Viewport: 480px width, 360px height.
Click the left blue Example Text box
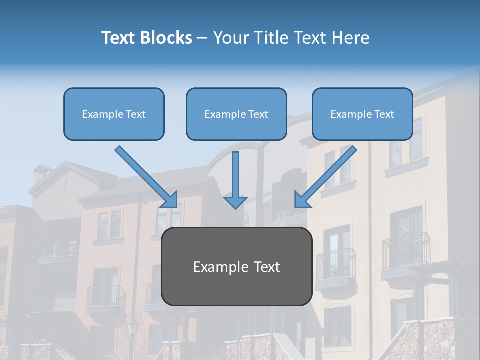coord(114,114)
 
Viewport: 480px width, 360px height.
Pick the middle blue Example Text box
coord(236,114)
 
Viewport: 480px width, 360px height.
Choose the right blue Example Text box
coord(362,114)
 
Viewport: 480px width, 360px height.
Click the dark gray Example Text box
coord(236,266)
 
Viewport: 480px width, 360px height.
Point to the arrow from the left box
coord(146,176)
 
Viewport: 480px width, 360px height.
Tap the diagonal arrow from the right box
coord(326,176)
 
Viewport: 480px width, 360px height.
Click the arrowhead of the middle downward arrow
coord(235,202)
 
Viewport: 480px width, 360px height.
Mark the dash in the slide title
coord(202,38)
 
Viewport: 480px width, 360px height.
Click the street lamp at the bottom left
coord(133,330)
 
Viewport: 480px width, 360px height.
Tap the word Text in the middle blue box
coord(258,114)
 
